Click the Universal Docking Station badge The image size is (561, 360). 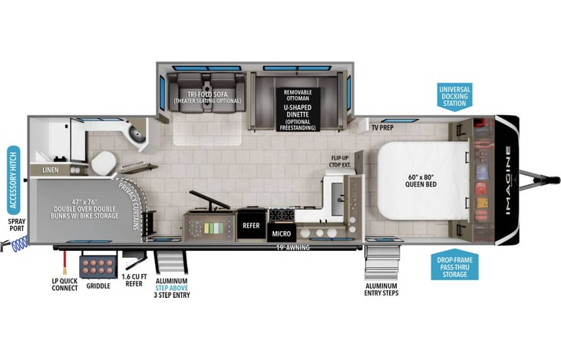tap(454, 97)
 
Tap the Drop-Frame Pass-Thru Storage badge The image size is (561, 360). tap(454, 265)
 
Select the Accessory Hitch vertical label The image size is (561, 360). tap(14, 180)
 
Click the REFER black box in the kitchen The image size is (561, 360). tap(251, 225)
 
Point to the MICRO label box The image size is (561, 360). tap(282, 233)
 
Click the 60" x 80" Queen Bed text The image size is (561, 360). tap(421, 180)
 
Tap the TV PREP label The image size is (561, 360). tap(382, 127)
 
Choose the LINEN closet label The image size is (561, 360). tap(51, 170)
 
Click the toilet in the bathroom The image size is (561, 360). tap(103, 163)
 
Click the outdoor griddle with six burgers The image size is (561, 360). tap(98, 266)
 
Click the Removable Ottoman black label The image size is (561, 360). tap(298, 95)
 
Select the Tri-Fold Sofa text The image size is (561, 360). tap(208, 94)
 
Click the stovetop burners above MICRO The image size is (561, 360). tap(282, 216)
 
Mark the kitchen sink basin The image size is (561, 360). tap(338, 199)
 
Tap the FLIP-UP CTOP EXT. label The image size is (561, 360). tap(340, 161)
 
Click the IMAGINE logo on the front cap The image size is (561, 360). tap(508, 180)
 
